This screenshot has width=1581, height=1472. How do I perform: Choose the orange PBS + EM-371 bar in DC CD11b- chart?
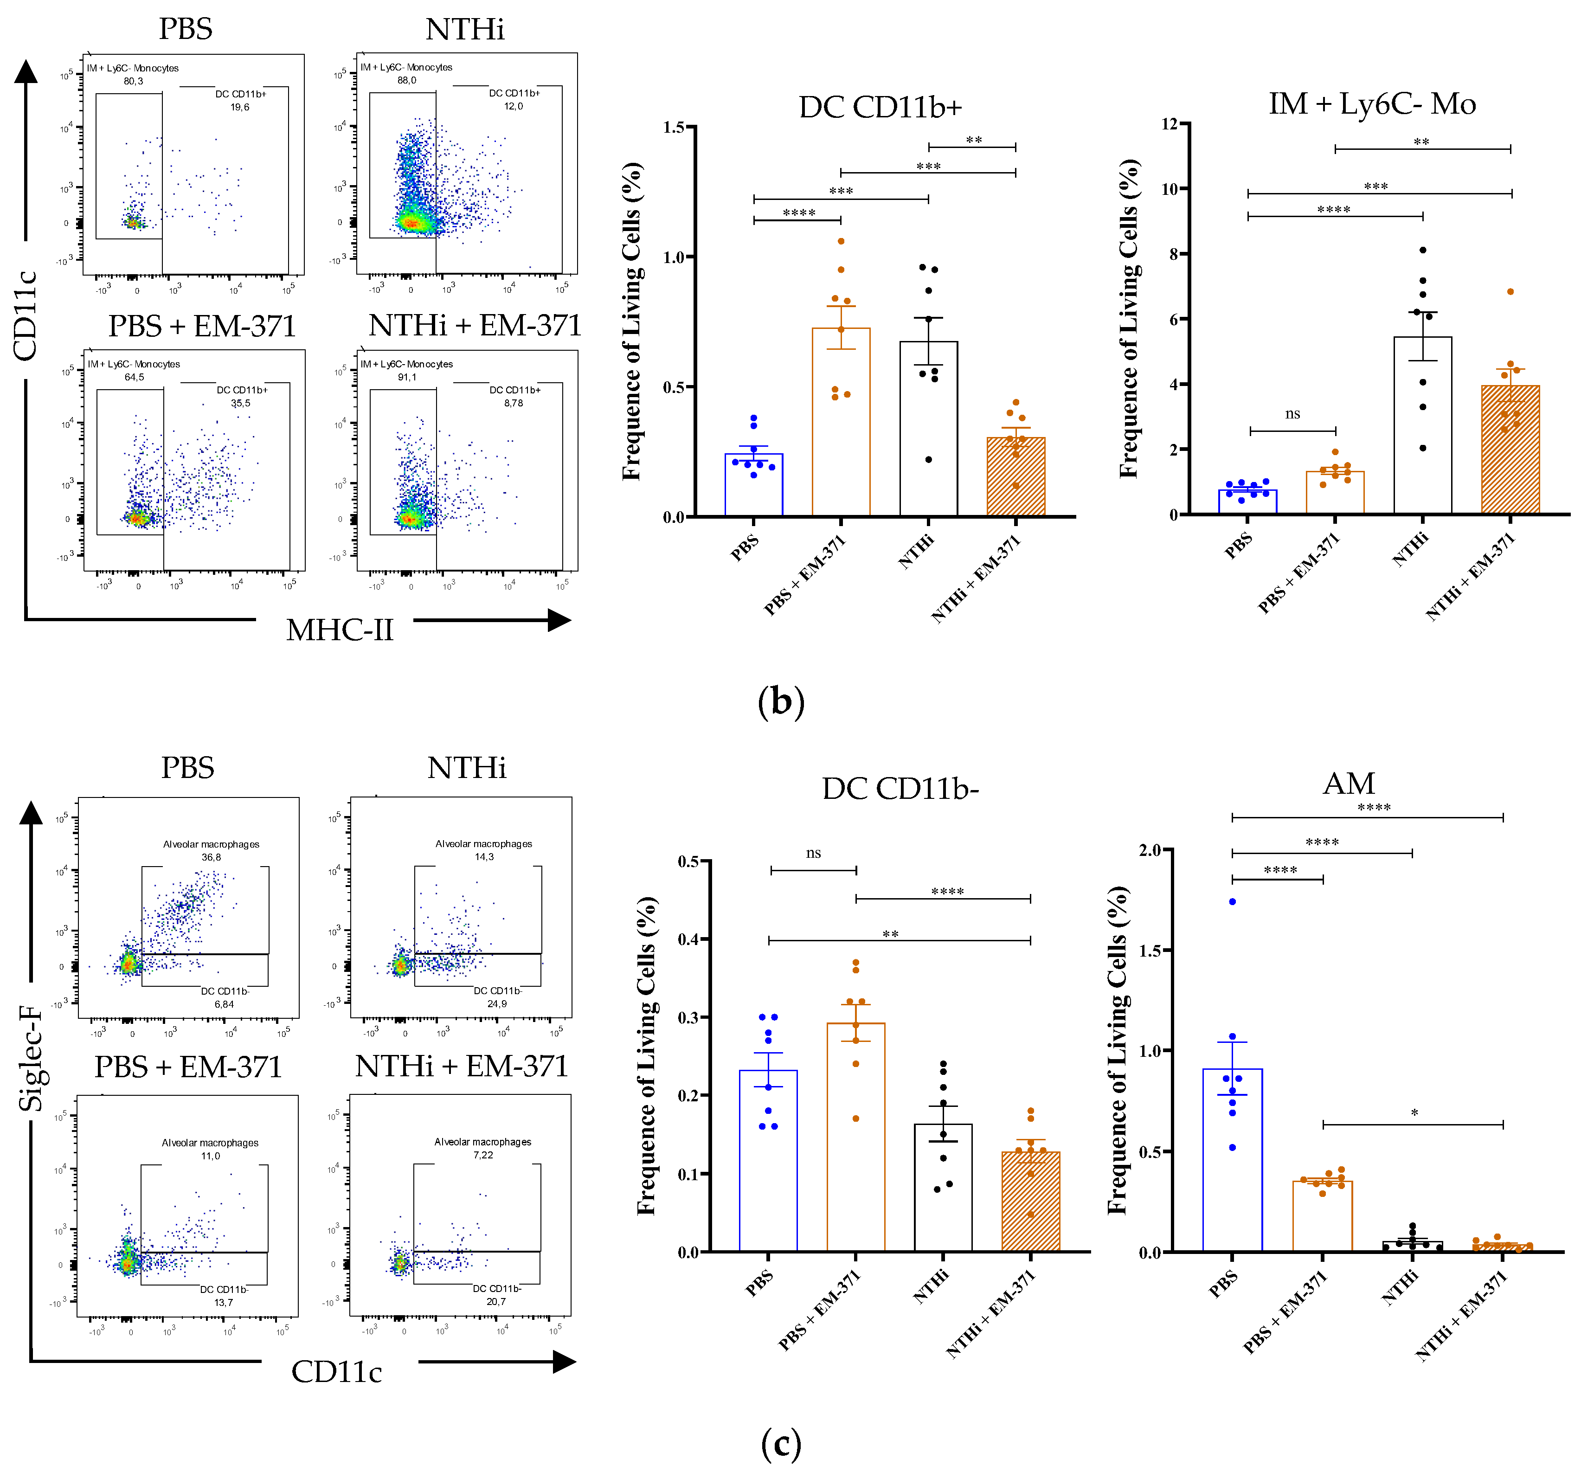pyautogui.click(x=856, y=1137)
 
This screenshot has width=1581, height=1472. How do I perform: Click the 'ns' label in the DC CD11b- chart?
pyautogui.click(x=813, y=853)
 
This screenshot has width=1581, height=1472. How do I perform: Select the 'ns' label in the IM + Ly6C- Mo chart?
pyautogui.click(x=1292, y=413)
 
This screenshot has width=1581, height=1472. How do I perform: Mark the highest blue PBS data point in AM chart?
pyautogui.click(x=1232, y=902)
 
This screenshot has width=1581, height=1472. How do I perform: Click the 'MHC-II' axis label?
pyautogui.click(x=340, y=630)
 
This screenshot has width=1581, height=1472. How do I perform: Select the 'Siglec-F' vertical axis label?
pyautogui.click(x=30, y=1058)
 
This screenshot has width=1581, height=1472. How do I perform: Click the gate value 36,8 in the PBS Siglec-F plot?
pyautogui.click(x=211, y=857)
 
